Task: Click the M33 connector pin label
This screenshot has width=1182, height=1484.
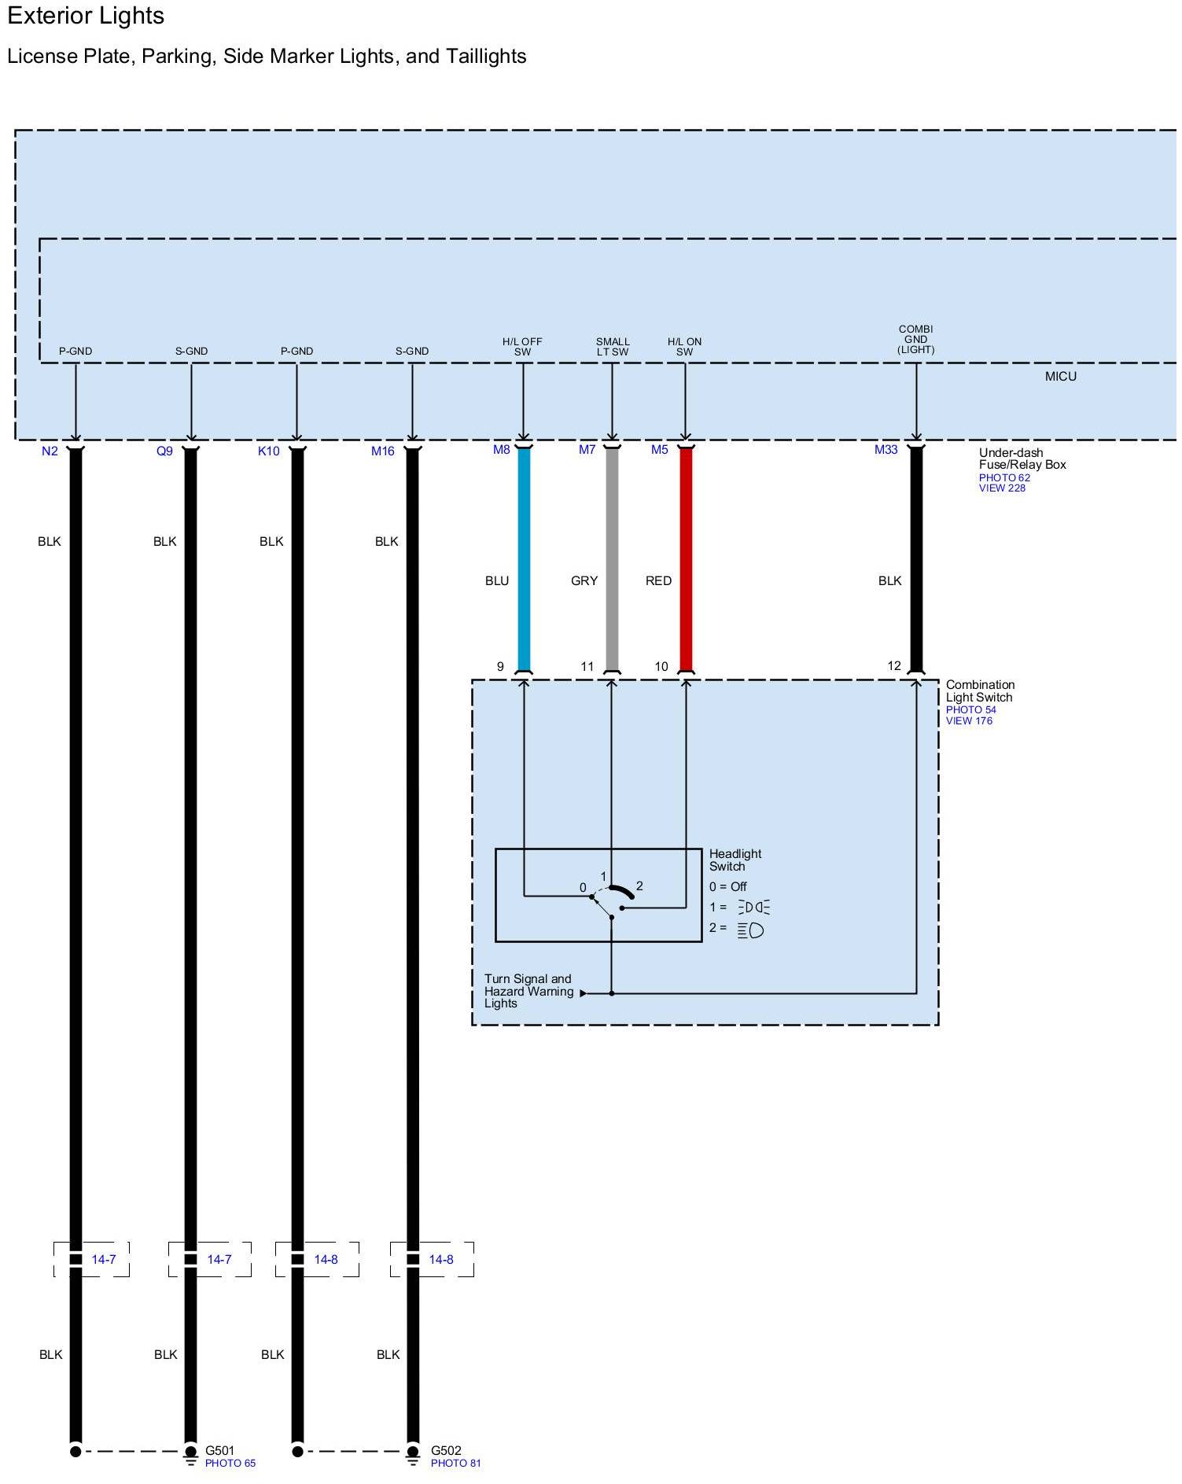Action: tap(886, 450)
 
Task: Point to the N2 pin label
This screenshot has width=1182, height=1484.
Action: tap(50, 451)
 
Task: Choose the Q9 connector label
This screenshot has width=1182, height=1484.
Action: tap(164, 451)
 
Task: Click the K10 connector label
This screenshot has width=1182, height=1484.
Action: tap(269, 451)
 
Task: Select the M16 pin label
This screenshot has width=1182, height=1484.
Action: tap(383, 451)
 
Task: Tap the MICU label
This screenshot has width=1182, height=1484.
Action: tap(1060, 377)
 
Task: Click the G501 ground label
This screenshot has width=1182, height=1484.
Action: tap(219, 1450)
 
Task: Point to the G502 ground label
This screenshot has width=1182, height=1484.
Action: tap(446, 1450)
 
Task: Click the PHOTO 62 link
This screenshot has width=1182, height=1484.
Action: tap(1004, 477)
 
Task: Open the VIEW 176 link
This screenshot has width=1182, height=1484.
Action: tap(969, 720)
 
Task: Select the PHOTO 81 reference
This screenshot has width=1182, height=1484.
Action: tap(455, 1463)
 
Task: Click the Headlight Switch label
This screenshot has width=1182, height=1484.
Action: tap(735, 860)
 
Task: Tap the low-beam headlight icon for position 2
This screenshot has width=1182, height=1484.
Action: tap(751, 930)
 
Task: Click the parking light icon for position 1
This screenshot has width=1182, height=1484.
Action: tap(753, 908)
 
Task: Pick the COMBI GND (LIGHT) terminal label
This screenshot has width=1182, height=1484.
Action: tap(915, 340)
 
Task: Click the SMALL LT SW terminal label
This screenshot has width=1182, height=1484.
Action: tap(613, 347)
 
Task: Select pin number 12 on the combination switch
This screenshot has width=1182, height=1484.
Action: tap(894, 666)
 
